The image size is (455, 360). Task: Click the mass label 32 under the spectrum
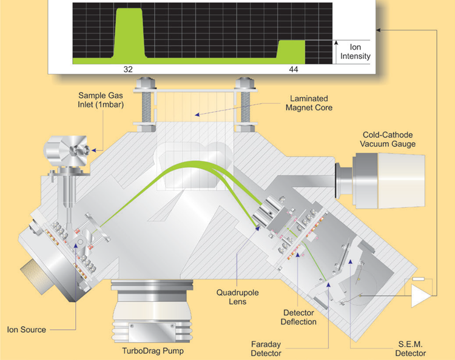[x=128, y=69]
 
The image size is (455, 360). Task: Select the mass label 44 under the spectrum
[x=294, y=69]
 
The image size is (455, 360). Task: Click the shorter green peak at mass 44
[x=291, y=49]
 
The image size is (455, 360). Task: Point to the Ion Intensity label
[x=355, y=52]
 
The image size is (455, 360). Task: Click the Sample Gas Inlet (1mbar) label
[x=100, y=100]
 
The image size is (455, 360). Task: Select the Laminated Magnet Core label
[x=309, y=103]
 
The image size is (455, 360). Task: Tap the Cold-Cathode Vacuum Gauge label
[x=388, y=140]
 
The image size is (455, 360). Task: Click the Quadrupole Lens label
[x=237, y=297]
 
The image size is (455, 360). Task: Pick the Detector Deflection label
[x=298, y=317]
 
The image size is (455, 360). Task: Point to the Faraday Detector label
[x=266, y=348]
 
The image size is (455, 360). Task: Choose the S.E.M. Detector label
[x=410, y=348]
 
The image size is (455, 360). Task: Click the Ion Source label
[x=27, y=330]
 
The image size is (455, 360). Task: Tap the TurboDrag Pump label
[x=153, y=351]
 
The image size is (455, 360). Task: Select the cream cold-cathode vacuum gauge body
[x=401, y=180]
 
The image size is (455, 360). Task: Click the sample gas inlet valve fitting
[x=67, y=151]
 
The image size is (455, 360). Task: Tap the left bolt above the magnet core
[x=146, y=104]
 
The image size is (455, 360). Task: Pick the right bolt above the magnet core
[x=245, y=104]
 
